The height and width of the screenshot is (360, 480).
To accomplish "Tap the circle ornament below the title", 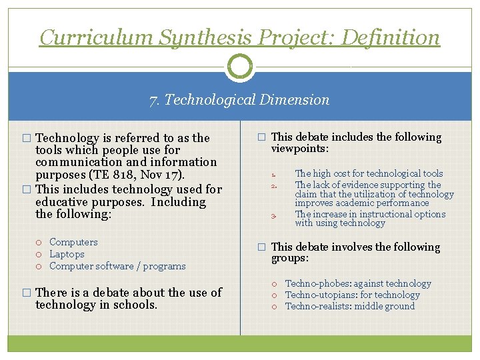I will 240,66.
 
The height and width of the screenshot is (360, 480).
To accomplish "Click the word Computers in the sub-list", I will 73,242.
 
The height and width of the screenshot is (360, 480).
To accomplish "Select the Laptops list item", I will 67,254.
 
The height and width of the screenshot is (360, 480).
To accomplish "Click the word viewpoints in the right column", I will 298,149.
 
